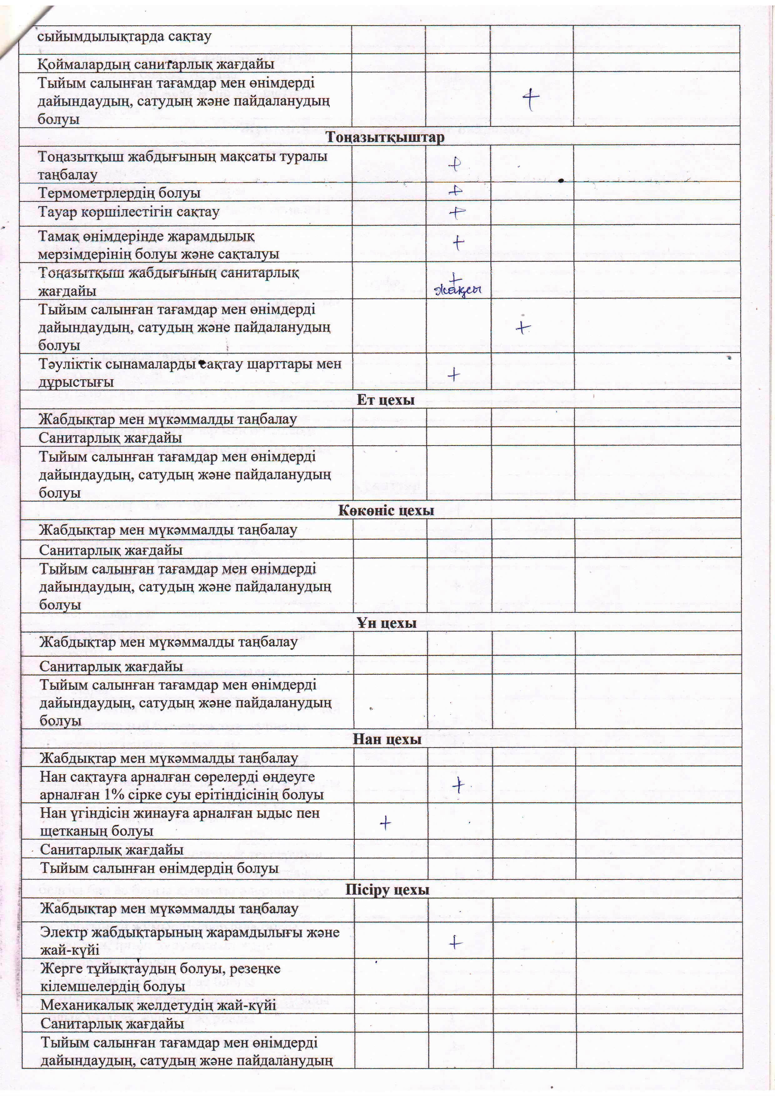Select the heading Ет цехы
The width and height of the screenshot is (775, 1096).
pos(385,400)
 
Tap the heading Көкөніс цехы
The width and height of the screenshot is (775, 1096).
pos(386,510)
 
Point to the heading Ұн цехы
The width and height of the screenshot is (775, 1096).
pos(386,623)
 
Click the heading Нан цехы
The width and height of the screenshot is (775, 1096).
pos(387,740)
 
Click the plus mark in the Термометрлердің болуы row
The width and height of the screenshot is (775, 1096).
pos(456,191)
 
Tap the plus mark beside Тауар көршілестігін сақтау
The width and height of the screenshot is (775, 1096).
pos(457,212)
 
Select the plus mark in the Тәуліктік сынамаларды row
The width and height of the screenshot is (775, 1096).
pos(454,375)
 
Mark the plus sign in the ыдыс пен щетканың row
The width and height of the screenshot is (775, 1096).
pos(385,823)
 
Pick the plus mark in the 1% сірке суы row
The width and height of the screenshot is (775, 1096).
pos(458,785)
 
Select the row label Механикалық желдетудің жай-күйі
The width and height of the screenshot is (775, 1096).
pos(158,1005)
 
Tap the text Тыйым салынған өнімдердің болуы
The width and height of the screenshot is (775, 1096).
pos(159,868)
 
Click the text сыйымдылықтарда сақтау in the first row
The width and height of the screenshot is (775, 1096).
pos(124,37)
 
